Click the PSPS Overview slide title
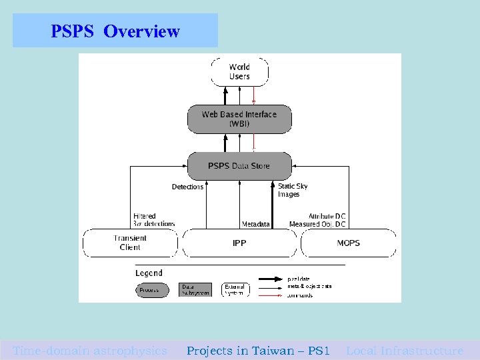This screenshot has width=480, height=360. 115,31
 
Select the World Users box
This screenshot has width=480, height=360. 239,71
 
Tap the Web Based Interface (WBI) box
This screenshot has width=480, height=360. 239,119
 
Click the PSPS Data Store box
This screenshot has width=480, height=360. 239,165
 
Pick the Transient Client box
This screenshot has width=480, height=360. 130,243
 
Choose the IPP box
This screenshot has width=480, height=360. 239,243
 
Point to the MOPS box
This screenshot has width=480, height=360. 348,243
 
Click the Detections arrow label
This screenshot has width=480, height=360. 187,187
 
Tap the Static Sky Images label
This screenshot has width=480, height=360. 293,190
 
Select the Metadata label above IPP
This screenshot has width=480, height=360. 255,225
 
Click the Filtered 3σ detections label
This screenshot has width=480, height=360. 153,220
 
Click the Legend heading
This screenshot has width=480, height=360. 149,273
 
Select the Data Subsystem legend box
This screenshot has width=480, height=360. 195,289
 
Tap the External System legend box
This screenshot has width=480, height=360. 235,289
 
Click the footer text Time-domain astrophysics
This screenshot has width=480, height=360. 90,351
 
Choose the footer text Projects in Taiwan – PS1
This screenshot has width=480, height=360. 258,351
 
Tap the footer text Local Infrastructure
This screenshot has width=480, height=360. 405,351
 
